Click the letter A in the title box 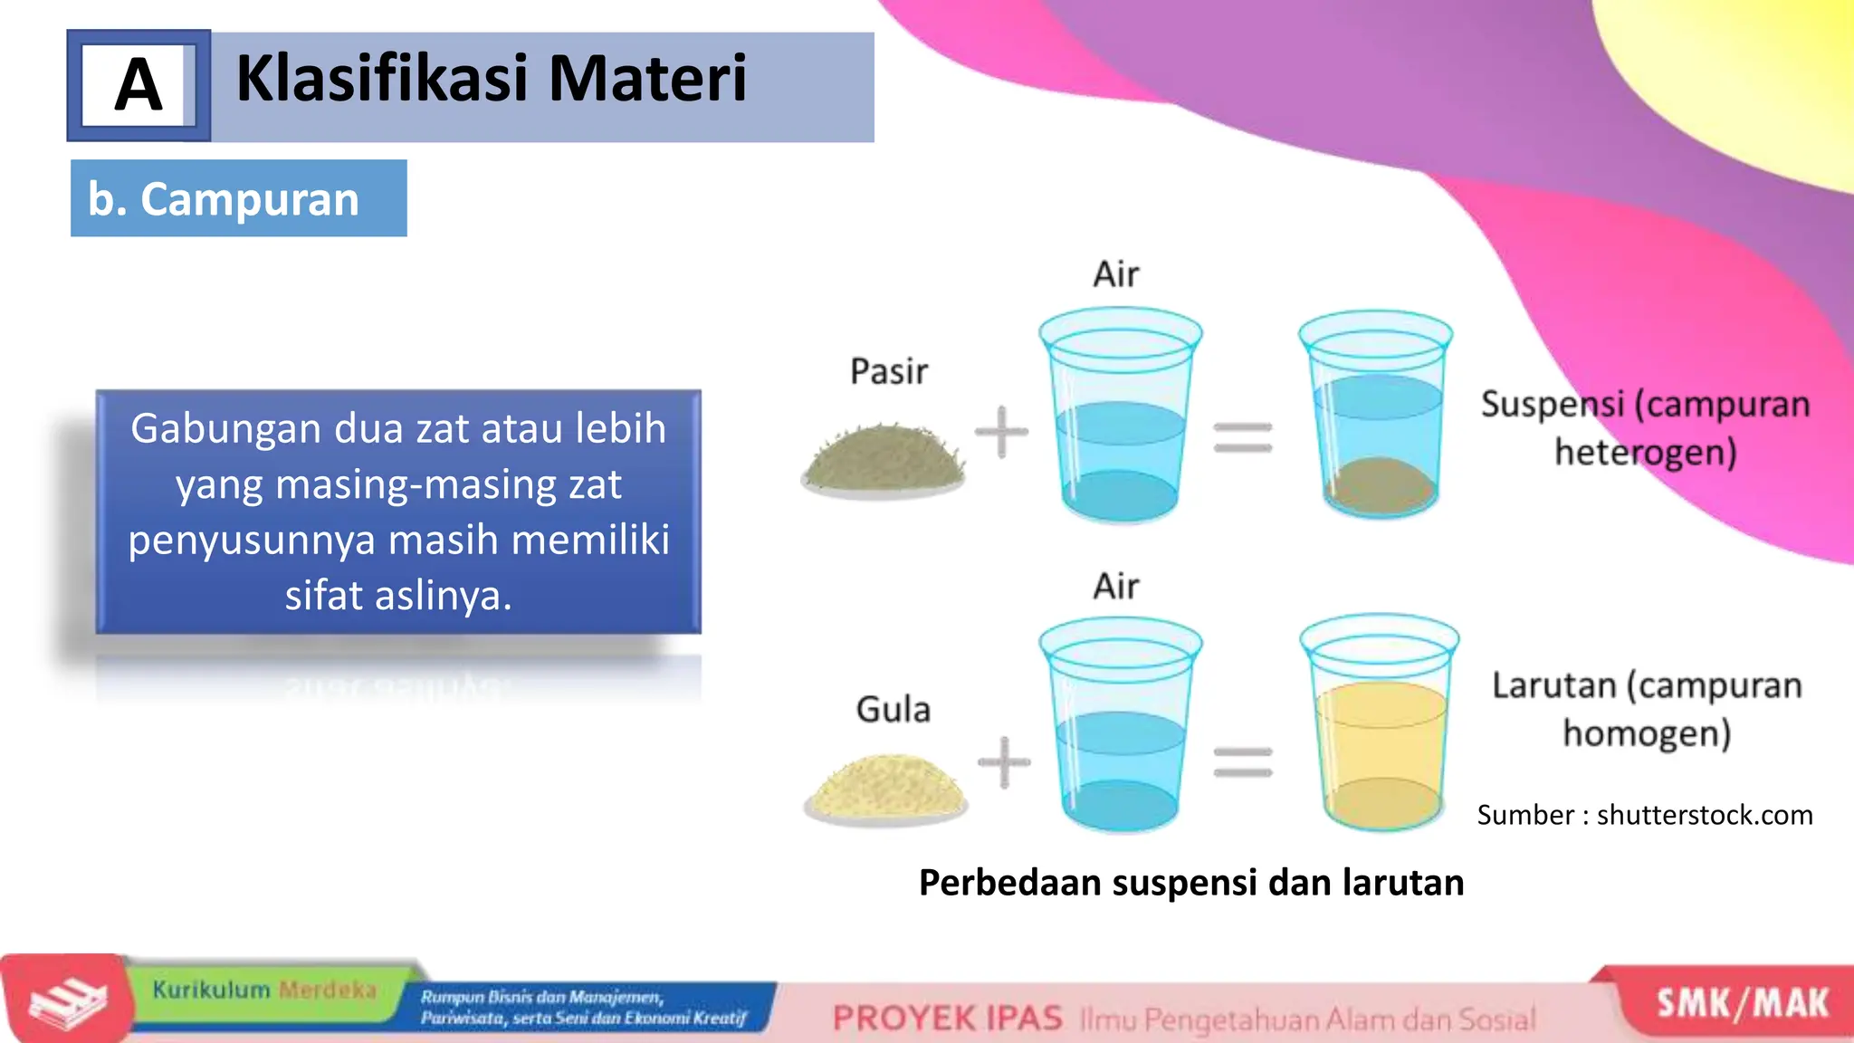[139, 86]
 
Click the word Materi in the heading [647, 79]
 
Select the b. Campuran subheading [225, 199]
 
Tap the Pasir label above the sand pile [889, 371]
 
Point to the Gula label [893, 709]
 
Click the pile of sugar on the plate [885, 786]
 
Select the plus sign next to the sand [1001, 432]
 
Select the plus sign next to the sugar [1004, 762]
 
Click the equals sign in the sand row [1243, 437]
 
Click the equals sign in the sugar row [1243, 761]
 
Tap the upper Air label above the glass [1115, 274]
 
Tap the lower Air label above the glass [1115, 587]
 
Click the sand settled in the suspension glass [1379, 486]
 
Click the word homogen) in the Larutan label [1647, 733]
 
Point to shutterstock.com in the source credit [1704, 815]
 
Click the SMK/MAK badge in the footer [1742, 1003]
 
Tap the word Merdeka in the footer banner [327, 990]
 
